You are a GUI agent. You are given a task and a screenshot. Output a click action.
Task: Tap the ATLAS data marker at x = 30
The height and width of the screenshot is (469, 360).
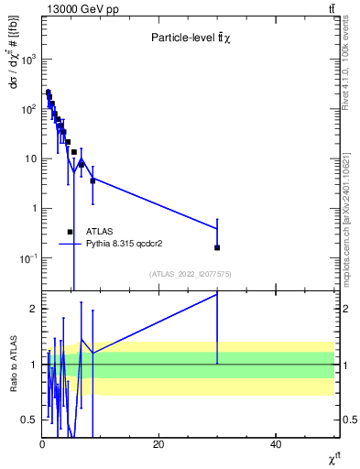pyautogui.click(x=217, y=247)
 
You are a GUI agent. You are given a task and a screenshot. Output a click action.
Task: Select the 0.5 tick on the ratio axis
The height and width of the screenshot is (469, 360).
pyautogui.click(x=30, y=420)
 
